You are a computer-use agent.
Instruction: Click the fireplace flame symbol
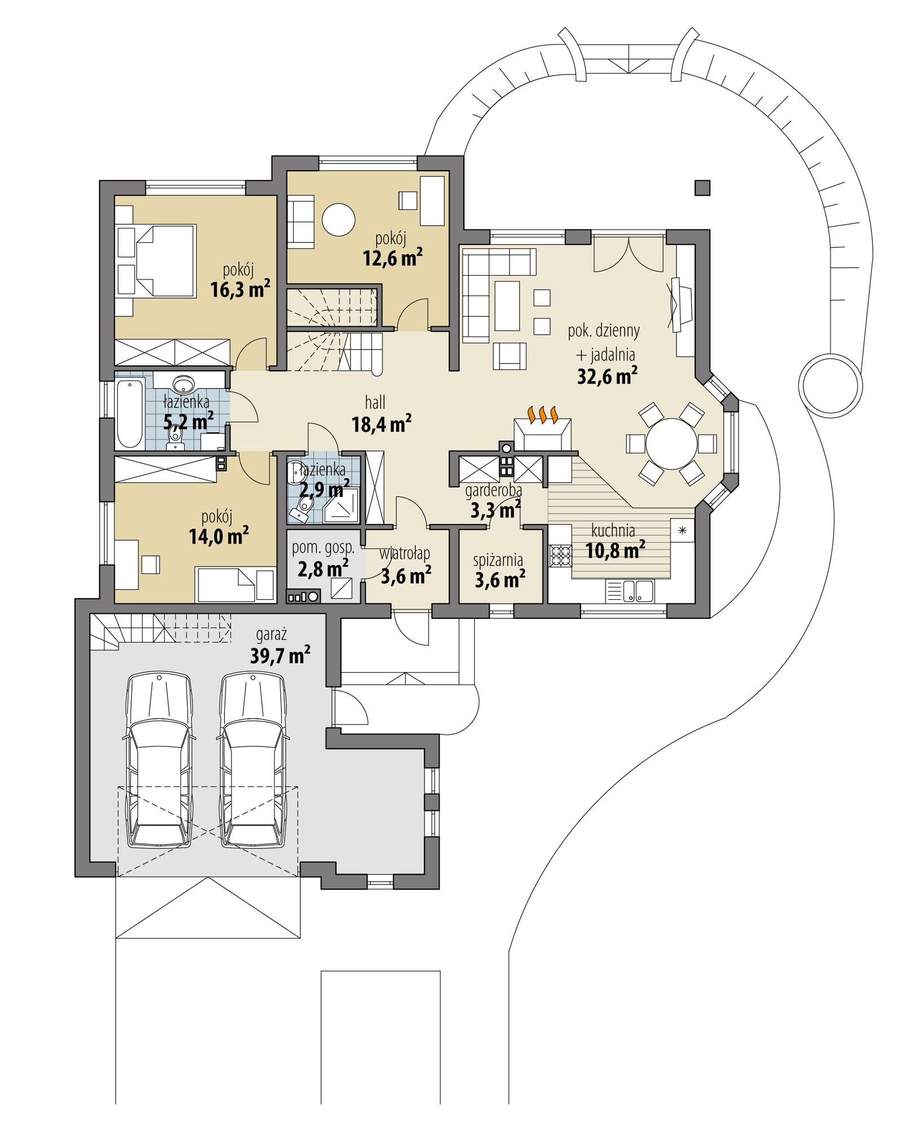542,414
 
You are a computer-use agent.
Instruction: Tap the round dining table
671,443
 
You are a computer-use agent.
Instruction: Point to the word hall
375,402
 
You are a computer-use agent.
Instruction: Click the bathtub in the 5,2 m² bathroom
130,414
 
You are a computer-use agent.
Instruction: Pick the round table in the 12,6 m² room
338,219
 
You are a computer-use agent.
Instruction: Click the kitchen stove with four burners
560,555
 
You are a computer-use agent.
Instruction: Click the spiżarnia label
498,560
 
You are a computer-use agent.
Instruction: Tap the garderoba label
493,490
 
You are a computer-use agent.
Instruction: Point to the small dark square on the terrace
702,187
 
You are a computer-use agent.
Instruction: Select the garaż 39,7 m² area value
279,656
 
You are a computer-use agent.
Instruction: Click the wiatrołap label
404,554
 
